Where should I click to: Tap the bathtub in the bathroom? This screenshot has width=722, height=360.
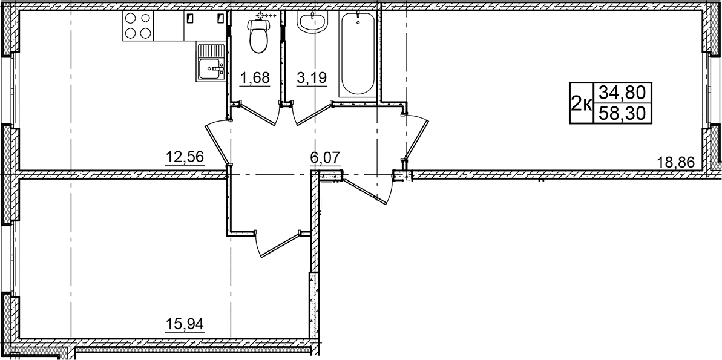pyautogui.click(x=357, y=54)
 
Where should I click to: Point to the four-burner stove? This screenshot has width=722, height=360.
pyautogui.click(x=137, y=26)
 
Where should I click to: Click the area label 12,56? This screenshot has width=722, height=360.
pyautogui.click(x=185, y=157)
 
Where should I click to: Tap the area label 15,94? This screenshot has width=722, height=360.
pyautogui.click(x=185, y=324)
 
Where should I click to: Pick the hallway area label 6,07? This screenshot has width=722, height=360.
pyautogui.click(x=326, y=158)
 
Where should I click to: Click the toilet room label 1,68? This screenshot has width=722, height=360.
pyautogui.click(x=254, y=78)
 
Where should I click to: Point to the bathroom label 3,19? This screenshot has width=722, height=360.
pyautogui.click(x=312, y=78)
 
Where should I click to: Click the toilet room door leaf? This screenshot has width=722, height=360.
pyautogui.click(x=259, y=114)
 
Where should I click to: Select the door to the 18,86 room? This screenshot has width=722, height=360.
pyautogui.click(x=417, y=137)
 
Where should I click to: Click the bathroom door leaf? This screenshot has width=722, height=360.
pyautogui.click(x=313, y=114)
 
